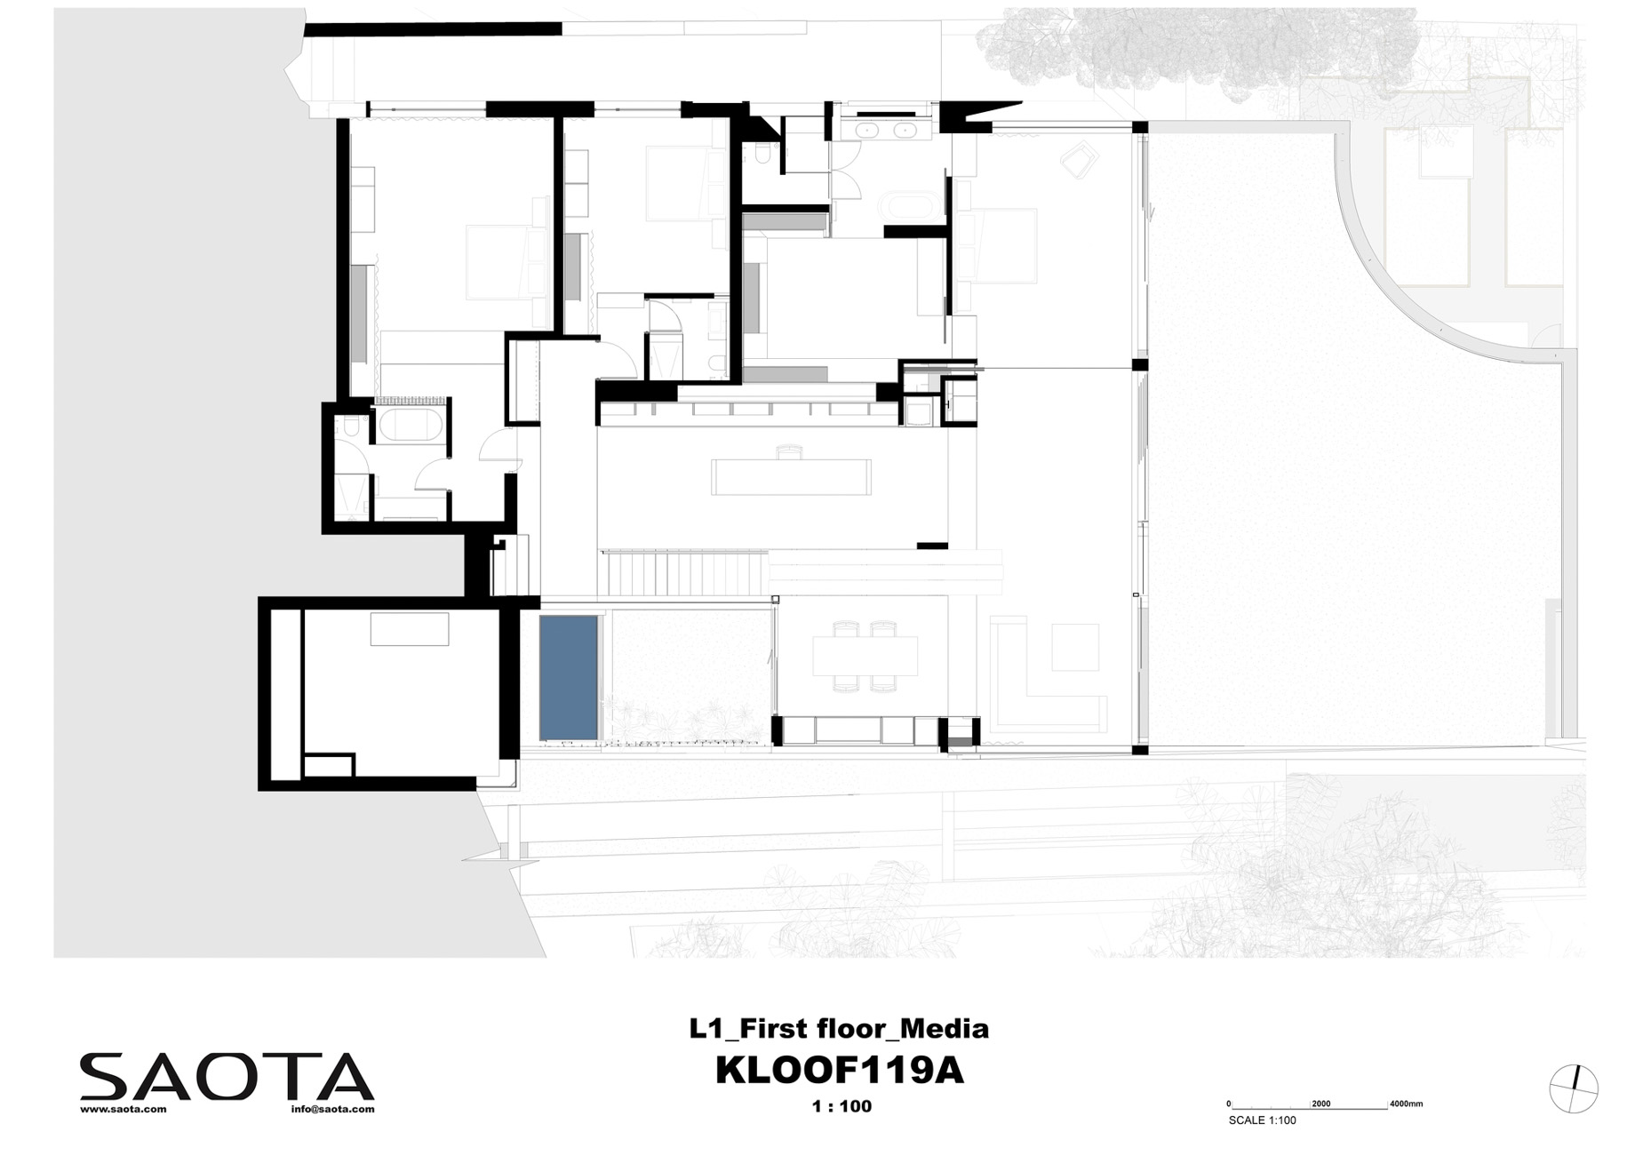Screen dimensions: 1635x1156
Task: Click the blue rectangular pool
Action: click(568, 676)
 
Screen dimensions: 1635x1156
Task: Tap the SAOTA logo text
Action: click(227, 1077)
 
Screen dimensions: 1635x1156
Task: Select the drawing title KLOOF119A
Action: click(839, 1072)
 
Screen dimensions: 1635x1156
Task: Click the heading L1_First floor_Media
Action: click(839, 1029)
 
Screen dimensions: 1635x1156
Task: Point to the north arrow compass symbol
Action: click(1573, 1088)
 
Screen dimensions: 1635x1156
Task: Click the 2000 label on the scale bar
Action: click(1321, 1104)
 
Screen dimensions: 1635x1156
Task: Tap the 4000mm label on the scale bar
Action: click(1406, 1104)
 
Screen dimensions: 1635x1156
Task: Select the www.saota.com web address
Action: click(124, 1110)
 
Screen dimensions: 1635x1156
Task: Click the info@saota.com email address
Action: click(332, 1110)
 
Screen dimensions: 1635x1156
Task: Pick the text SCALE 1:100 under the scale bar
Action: click(1262, 1120)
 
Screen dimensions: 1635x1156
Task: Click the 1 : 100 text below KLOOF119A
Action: click(841, 1106)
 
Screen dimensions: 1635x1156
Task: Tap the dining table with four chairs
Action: click(865, 657)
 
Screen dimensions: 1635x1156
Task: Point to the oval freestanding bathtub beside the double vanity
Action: click(905, 207)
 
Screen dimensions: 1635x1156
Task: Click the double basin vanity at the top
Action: click(882, 130)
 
